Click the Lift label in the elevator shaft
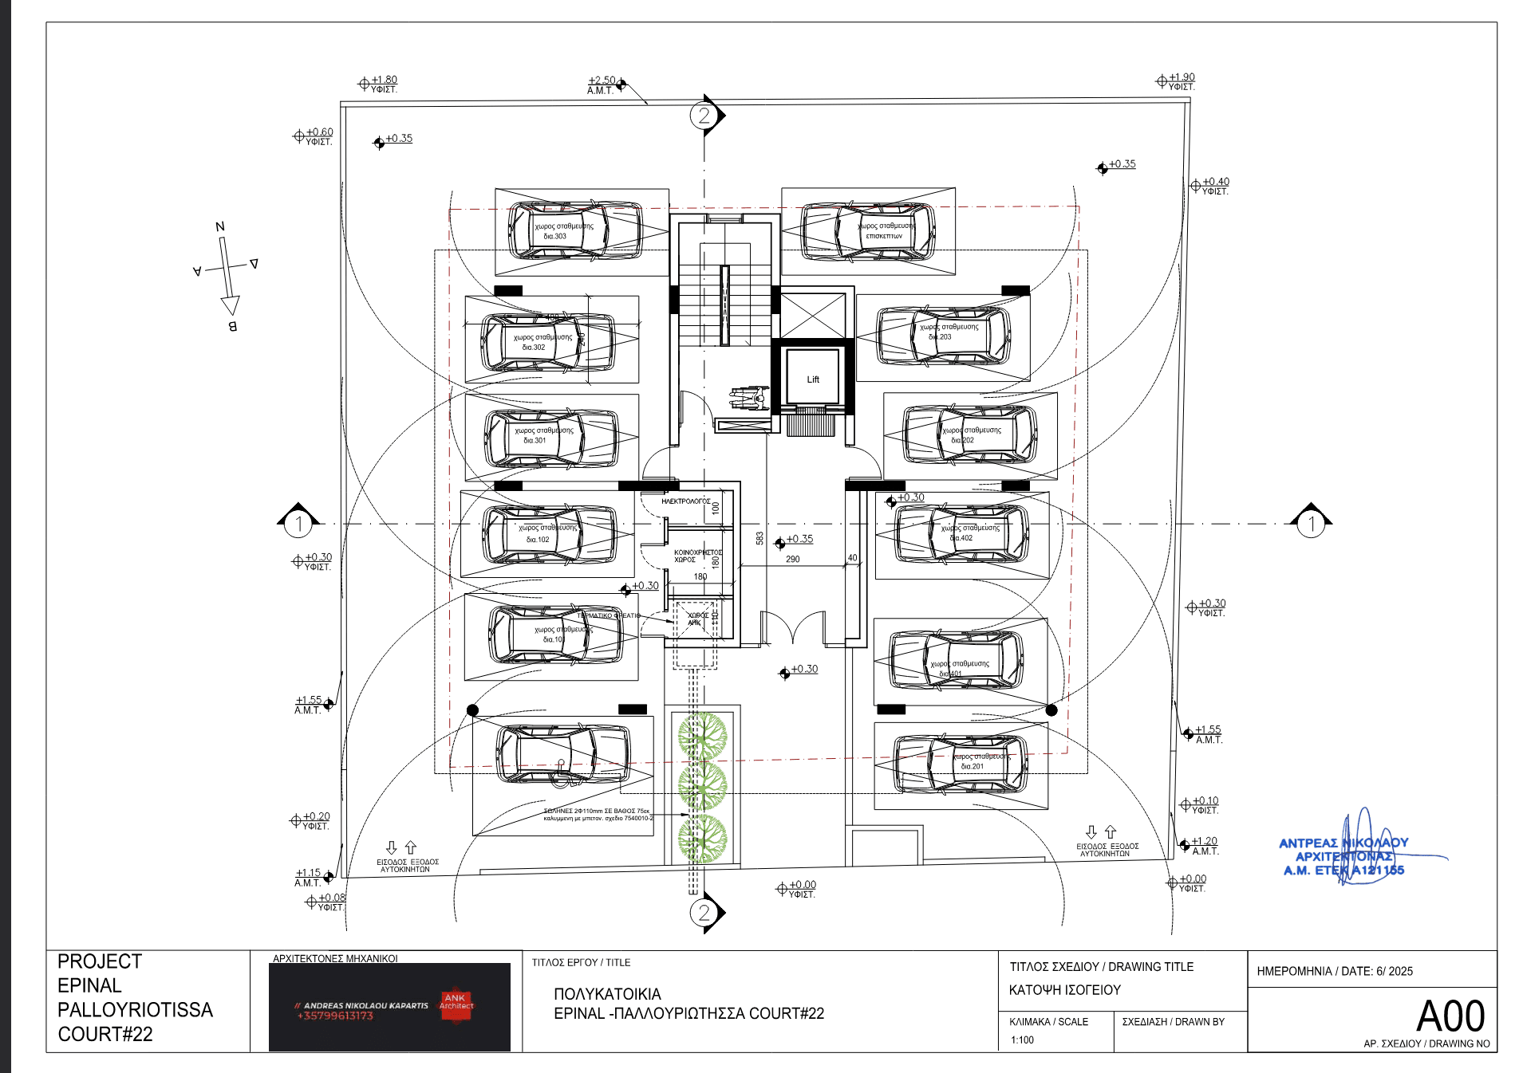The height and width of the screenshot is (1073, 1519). (x=813, y=379)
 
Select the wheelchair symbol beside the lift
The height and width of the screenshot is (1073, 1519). (x=749, y=397)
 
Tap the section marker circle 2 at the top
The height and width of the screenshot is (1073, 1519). (x=704, y=116)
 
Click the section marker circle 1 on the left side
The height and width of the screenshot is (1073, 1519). (x=298, y=524)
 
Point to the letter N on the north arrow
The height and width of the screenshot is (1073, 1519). (x=220, y=227)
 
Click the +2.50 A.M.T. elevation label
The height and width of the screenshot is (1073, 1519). (x=602, y=85)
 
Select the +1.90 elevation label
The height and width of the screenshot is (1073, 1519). (x=1182, y=81)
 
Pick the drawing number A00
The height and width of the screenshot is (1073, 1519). (x=1450, y=1016)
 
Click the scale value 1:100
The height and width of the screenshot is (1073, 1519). (x=1022, y=1040)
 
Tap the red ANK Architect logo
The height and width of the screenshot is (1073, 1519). (x=456, y=1001)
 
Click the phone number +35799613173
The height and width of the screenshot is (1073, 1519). (x=335, y=1016)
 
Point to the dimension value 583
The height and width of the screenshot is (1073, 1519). (x=759, y=539)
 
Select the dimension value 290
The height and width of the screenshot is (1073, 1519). (x=792, y=560)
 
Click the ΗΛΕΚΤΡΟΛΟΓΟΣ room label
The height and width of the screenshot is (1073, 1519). (x=685, y=501)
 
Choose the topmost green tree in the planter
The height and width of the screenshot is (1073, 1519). (x=702, y=735)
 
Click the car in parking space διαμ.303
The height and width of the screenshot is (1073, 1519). (x=574, y=230)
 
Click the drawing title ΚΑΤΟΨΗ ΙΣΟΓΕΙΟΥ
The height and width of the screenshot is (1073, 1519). (x=1064, y=990)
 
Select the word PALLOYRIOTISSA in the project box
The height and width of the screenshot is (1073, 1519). (x=135, y=1010)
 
